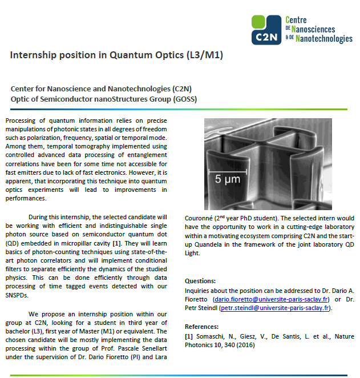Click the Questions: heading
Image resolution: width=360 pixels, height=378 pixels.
click(200, 281)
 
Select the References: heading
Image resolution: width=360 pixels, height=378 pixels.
click(203, 326)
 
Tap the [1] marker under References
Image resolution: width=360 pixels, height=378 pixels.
click(189, 336)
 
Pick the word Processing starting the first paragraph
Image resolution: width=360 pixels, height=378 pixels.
click(21, 122)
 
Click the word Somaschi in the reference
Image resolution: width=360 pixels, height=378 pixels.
click(212, 336)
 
